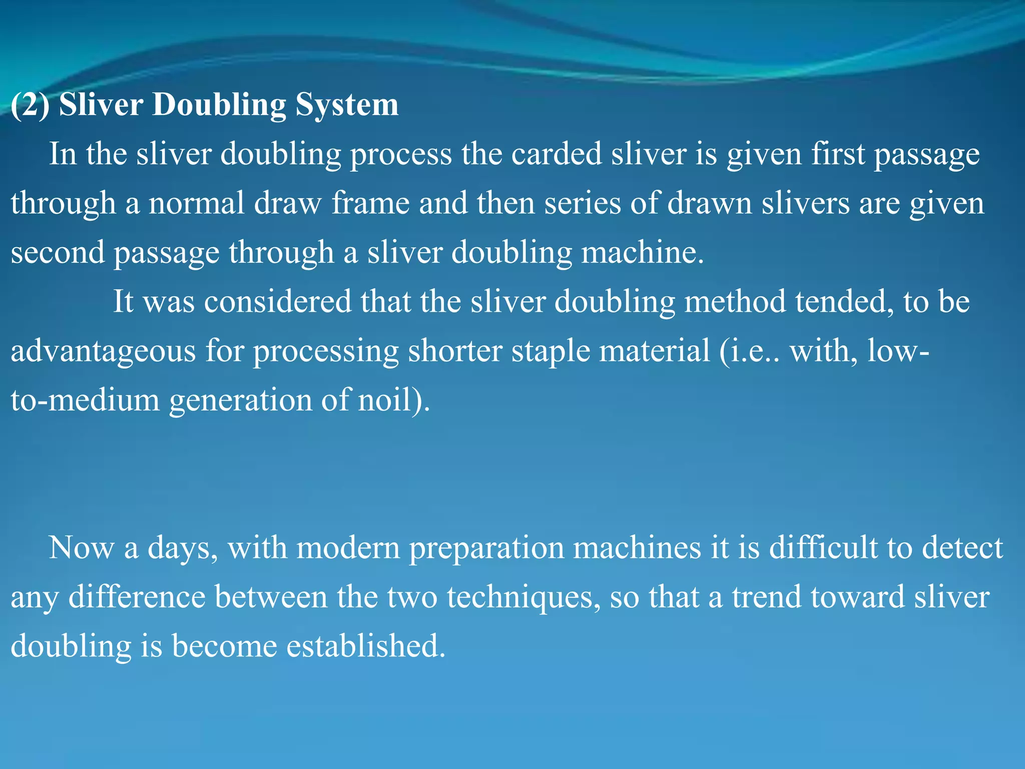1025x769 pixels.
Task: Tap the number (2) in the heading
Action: [x=30, y=105]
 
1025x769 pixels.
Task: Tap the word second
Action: [x=58, y=252]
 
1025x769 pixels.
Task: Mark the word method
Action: [x=735, y=301]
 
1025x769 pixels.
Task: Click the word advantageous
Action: [x=103, y=350]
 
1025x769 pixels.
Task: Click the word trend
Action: [x=766, y=597]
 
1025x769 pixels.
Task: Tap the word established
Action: [x=365, y=646]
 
